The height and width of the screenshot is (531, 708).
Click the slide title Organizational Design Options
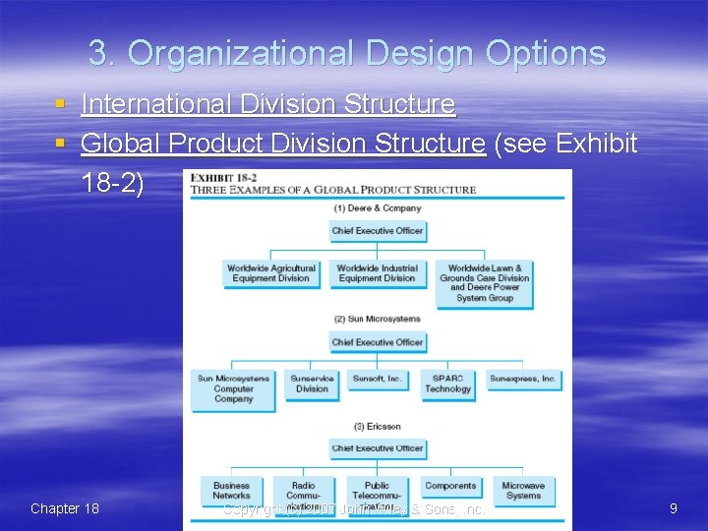tap(346, 53)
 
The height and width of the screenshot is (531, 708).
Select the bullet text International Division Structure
tap(267, 104)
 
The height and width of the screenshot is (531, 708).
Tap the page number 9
tap(673, 508)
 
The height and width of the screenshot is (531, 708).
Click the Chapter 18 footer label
tap(65, 508)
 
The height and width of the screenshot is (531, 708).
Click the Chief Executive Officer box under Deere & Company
tap(377, 231)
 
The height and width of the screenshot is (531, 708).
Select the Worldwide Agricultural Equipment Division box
tap(271, 273)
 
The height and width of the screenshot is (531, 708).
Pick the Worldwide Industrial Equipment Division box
tap(377, 273)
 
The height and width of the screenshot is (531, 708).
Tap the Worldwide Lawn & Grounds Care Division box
tap(485, 282)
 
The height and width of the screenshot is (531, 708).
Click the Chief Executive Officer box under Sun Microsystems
tap(377, 342)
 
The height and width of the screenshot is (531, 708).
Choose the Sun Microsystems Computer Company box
tap(233, 388)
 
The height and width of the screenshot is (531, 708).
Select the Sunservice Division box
tap(312, 383)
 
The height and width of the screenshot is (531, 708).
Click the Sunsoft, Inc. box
tap(377, 379)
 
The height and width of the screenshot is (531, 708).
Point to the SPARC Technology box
tap(448, 383)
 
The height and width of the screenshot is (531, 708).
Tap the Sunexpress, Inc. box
tap(523, 379)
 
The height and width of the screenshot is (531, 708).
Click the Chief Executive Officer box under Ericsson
tap(377, 448)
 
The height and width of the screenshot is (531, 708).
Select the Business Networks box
tap(232, 490)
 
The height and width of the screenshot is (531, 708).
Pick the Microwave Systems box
tap(523, 490)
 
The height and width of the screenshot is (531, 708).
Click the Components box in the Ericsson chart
tap(448, 486)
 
